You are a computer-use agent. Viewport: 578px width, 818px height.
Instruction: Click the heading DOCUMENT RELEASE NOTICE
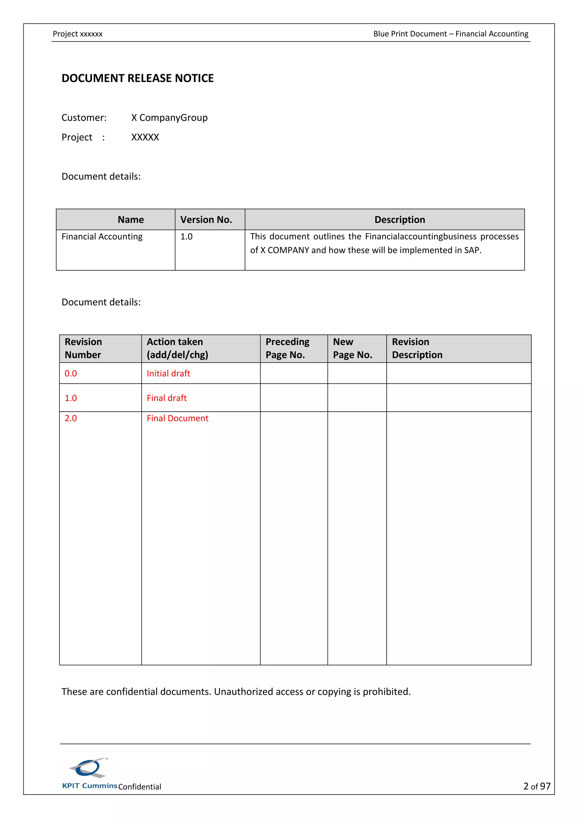[x=137, y=78]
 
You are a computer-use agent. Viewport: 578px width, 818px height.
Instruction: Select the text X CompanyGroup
[x=169, y=118]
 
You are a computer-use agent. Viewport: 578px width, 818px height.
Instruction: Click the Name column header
[x=131, y=220]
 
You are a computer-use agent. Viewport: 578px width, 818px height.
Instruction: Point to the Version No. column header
[x=206, y=220]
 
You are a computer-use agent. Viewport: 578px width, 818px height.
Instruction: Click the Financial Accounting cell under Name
[x=102, y=236]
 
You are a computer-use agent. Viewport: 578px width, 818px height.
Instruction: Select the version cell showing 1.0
[x=186, y=236]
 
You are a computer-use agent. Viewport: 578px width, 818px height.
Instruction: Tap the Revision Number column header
[x=83, y=348]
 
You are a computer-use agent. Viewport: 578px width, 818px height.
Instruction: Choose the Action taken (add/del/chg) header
[x=177, y=348]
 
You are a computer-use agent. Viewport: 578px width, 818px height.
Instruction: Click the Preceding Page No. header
[x=287, y=348]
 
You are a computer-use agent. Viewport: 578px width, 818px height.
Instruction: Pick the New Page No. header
[x=352, y=348]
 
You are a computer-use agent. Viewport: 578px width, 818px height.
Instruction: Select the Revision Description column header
[x=417, y=348]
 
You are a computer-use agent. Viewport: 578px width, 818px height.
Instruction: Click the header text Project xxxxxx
[x=78, y=34]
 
